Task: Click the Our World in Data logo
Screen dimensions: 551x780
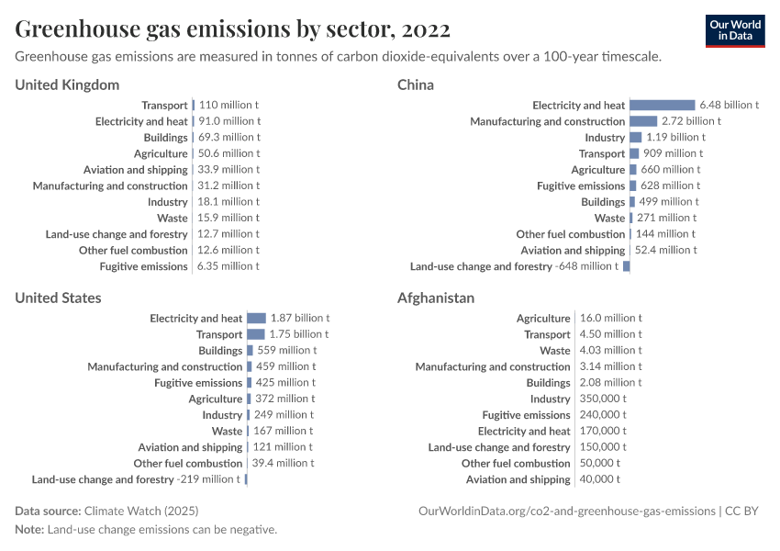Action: click(735, 29)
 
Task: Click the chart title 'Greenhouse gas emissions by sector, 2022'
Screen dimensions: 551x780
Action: click(232, 29)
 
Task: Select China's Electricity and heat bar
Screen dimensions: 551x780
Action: click(662, 106)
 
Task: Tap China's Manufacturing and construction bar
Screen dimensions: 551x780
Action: click(643, 121)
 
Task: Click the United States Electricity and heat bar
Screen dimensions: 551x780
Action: click(256, 319)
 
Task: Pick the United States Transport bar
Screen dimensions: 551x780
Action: click(255, 334)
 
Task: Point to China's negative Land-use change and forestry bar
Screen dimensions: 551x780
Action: click(626, 266)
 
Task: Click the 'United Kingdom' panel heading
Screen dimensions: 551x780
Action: click(67, 85)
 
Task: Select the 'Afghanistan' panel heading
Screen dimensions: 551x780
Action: click(436, 298)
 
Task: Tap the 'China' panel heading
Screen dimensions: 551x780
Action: click(416, 85)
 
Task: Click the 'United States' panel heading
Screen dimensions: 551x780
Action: click(58, 298)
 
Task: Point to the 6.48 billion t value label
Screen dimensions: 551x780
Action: click(729, 106)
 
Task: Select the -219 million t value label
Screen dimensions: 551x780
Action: click(208, 479)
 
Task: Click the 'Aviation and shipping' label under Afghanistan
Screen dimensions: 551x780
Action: click(518, 479)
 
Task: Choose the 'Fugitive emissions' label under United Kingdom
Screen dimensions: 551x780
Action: click(143, 266)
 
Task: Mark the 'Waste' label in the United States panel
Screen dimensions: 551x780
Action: click(227, 431)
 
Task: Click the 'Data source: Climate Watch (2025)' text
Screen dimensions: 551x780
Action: click(106, 511)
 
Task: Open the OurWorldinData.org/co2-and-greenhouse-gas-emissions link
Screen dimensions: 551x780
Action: click(566, 511)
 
